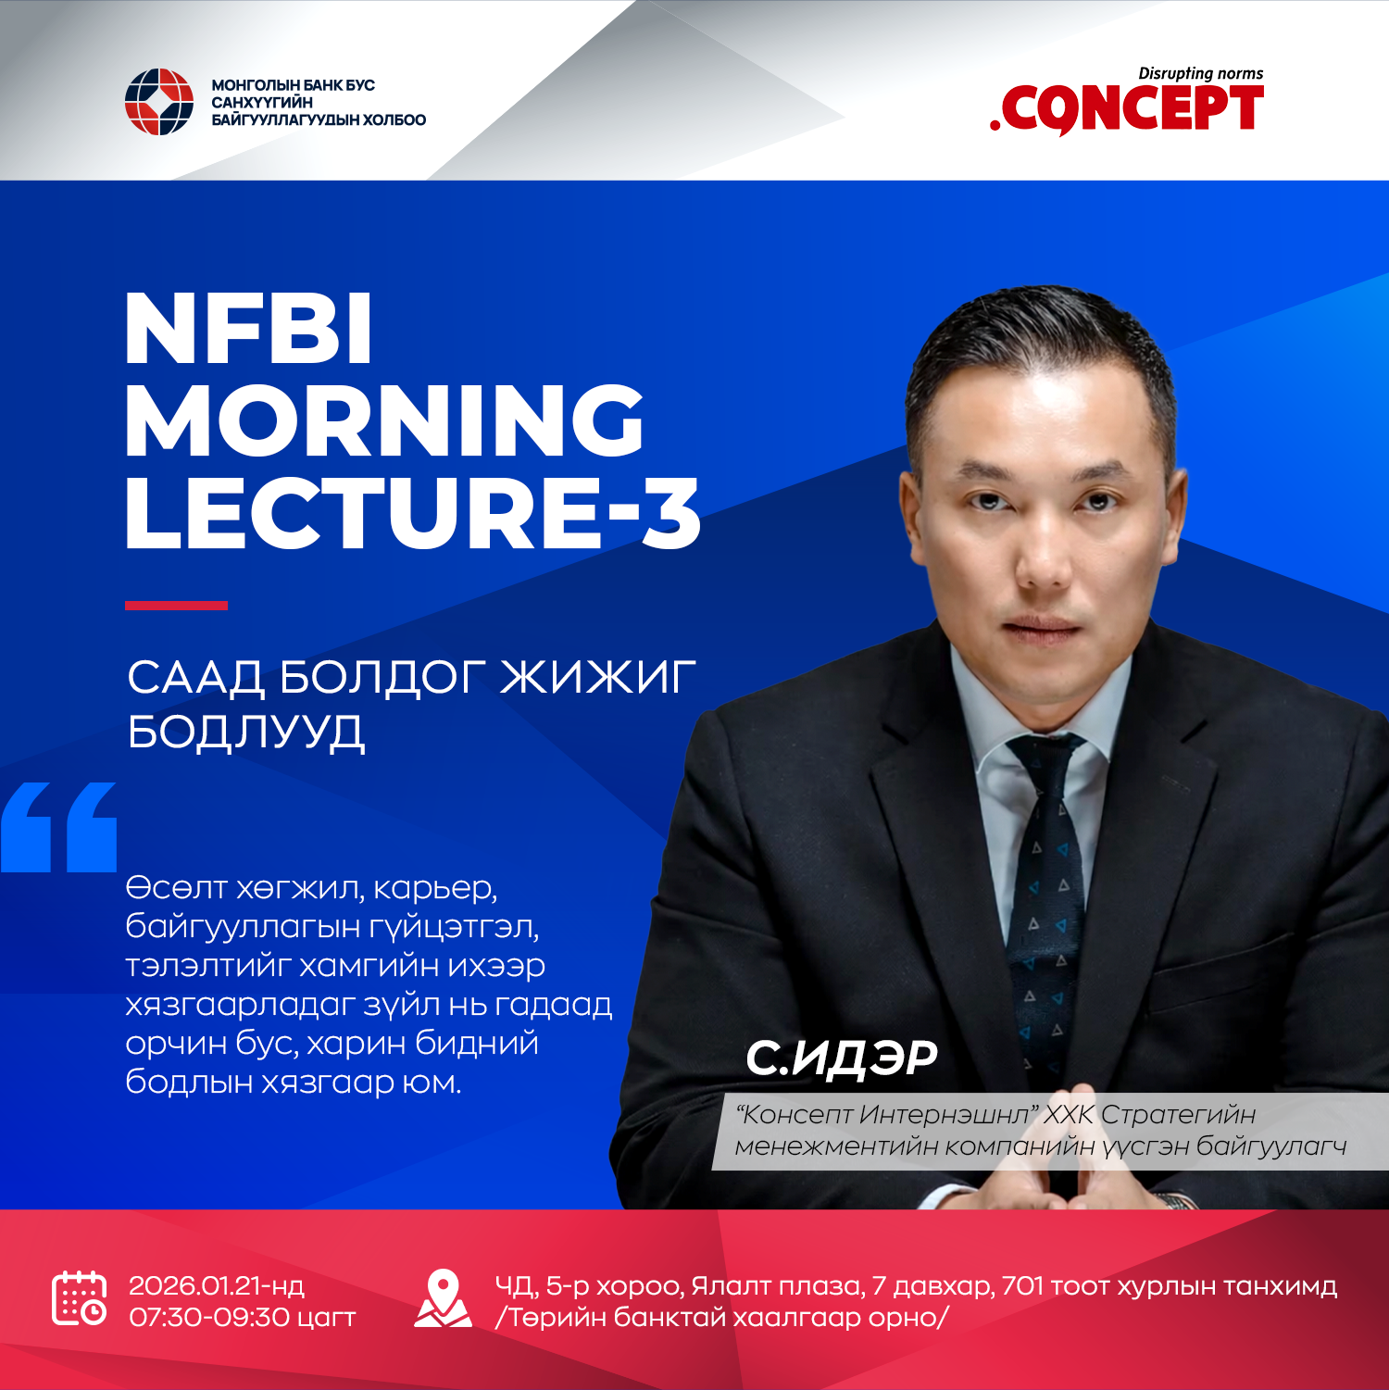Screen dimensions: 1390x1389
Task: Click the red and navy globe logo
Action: coord(158,102)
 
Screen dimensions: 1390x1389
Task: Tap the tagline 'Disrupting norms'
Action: coord(1200,73)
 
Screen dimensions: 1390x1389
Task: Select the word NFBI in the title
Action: coord(248,330)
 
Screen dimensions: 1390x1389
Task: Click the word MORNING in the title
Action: coord(384,420)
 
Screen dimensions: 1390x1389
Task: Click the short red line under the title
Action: coord(176,606)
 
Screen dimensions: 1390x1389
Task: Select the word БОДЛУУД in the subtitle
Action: coord(246,732)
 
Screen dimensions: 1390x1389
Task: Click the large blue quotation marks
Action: coord(59,827)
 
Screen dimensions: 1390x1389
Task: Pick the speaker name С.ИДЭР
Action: coord(841,1058)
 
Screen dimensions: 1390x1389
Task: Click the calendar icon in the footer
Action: coord(79,1298)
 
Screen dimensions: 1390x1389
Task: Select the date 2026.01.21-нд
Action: coord(217,1285)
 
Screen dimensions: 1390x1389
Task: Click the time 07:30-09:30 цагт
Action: coord(242,1317)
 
